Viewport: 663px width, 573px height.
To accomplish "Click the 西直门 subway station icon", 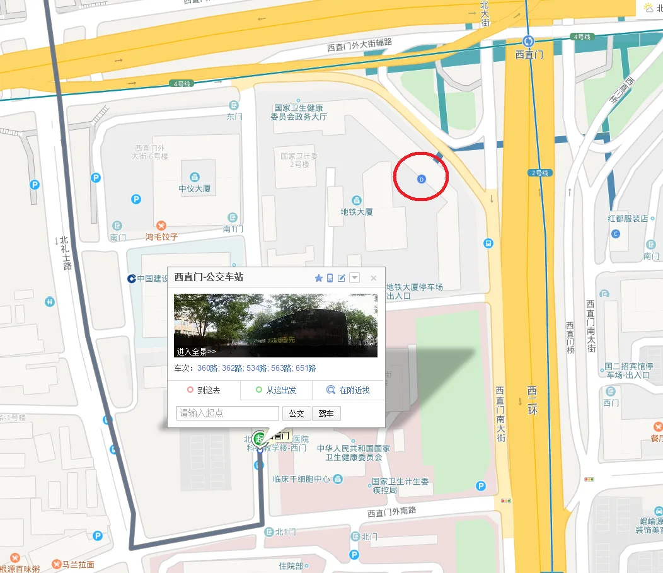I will [x=528, y=42].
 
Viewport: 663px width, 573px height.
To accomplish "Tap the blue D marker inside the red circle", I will [x=422, y=180].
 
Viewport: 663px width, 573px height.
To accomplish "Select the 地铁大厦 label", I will [x=357, y=212].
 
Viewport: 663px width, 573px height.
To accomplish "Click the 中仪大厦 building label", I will [x=194, y=188].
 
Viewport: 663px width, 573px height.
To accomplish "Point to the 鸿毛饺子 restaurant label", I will [x=161, y=237].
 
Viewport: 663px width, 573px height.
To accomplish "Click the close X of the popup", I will [x=373, y=278].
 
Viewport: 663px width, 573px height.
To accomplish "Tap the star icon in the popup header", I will [x=318, y=278].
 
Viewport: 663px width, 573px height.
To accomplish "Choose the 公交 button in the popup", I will [x=296, y=414].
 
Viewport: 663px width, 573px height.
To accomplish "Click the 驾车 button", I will [x=326, y=414].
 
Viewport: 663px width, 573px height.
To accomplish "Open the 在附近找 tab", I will [x=349, y=390].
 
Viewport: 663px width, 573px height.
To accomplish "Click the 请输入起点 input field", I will [x=228, y=414].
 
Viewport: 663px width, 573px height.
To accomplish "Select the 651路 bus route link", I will [x=306, y=368].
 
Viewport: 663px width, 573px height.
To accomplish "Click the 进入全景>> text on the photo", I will [x=196, y=352].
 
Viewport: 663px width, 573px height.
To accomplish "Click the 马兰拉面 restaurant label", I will [x=78, y=564].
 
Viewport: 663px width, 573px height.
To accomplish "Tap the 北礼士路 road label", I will [x=65, y=252].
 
